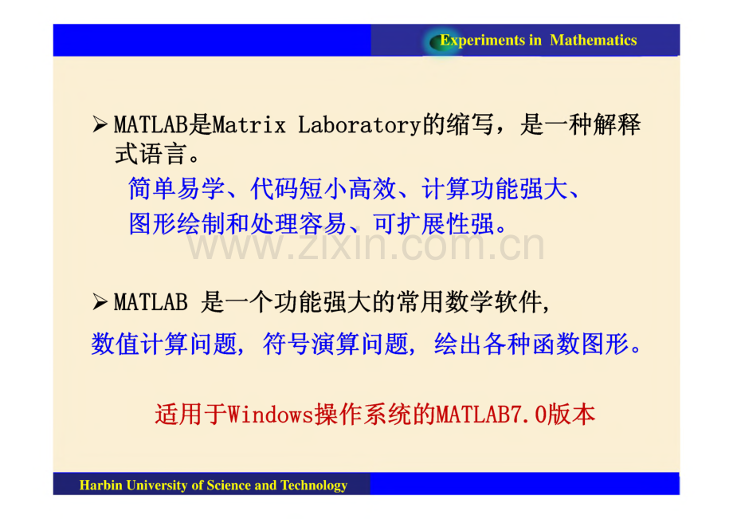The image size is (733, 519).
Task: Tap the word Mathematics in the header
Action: (594, 41)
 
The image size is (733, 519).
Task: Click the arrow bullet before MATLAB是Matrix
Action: (100, 125)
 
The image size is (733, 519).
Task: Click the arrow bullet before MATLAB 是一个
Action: (100, 303)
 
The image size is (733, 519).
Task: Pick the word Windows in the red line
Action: (270, 415)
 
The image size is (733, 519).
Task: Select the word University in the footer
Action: (155, 485)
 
